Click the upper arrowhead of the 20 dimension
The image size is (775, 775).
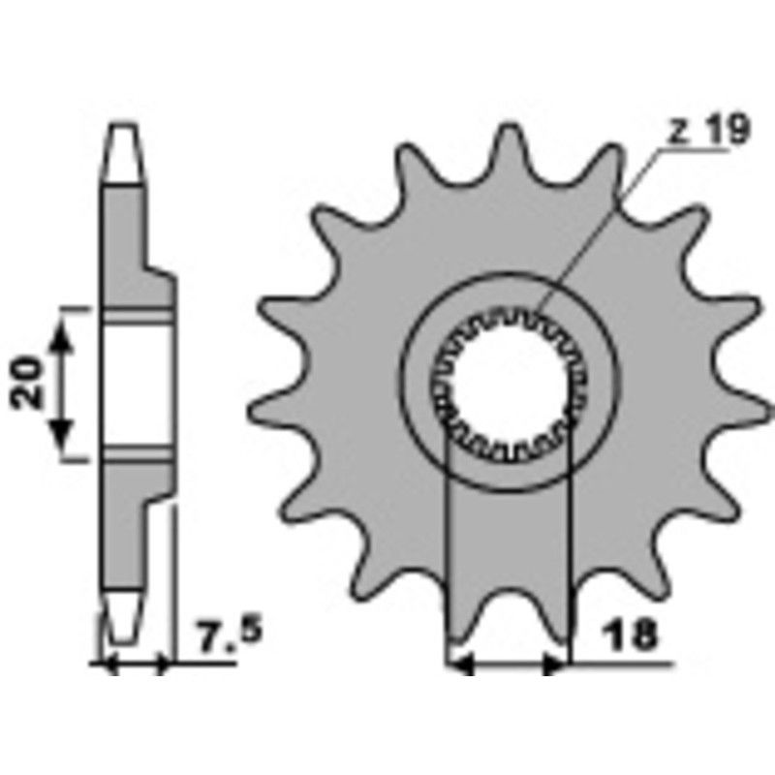point(62,333)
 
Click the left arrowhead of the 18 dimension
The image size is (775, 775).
point(459,665)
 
